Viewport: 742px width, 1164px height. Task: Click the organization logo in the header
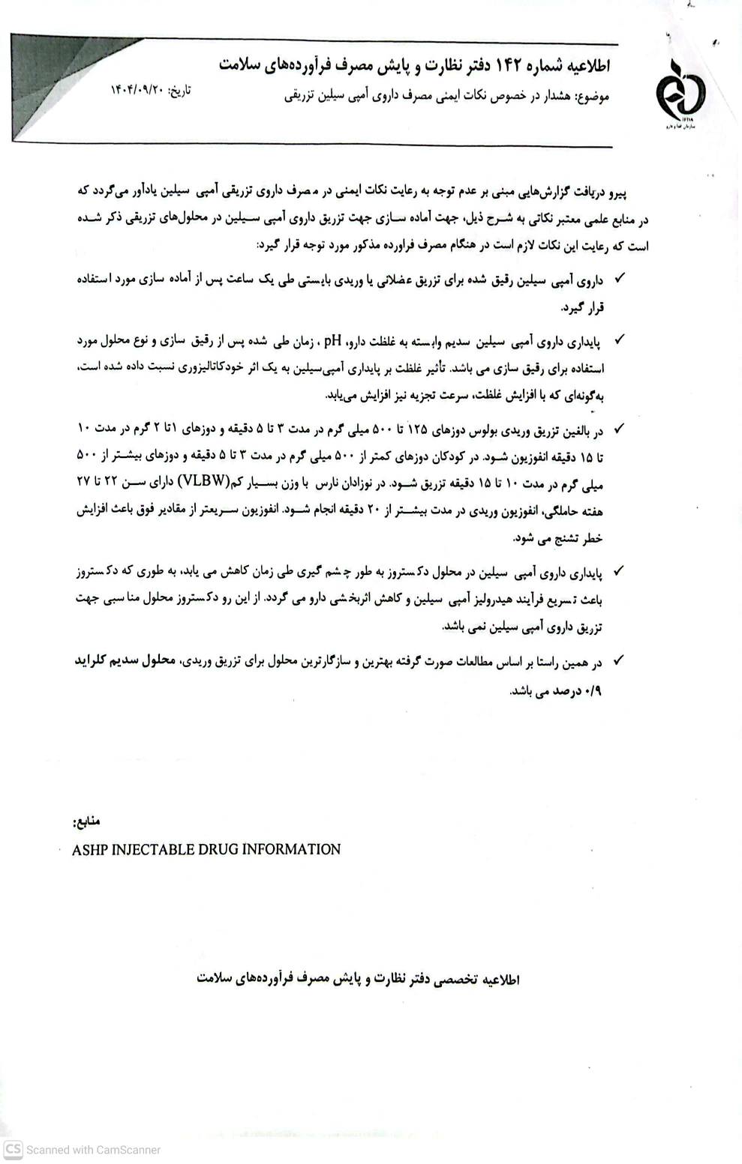click(x=680, y=94)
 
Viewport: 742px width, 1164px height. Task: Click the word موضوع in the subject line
click(x=592, y=97)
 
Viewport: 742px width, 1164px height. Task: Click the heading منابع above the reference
click(x=88, y=822)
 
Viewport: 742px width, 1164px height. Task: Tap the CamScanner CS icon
click(x=13, y=1149)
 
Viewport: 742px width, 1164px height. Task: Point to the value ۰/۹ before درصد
click(x=593, y=691)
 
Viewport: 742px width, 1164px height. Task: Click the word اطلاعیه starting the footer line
click(x=500, y=979)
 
